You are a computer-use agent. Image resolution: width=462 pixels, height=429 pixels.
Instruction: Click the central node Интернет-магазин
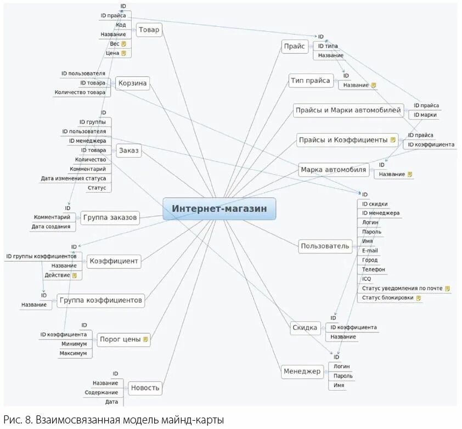tap(219, 208)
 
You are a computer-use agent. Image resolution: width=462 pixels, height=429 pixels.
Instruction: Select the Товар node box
tap(149, 30)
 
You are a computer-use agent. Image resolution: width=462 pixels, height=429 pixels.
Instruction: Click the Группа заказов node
tap(110, 218)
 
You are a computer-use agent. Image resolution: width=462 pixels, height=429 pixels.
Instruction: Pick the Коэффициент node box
tap(114, 261)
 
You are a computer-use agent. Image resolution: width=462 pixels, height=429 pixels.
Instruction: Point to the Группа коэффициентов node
tap(101, 300)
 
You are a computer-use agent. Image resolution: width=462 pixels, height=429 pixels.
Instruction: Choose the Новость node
tap(145, 388)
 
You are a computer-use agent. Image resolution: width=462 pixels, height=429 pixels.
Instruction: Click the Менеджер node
tap(302, 371)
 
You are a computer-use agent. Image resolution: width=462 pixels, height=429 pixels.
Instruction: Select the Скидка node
tap(305, 328)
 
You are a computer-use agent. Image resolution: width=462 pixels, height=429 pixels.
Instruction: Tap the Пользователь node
tap(325, 246)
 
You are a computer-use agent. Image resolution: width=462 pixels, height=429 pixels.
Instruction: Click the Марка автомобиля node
tap(333, 170)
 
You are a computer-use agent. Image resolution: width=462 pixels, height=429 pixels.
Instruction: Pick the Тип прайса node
tap(311, 81)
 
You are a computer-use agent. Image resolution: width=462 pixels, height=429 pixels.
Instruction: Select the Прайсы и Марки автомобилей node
tap(348, 110)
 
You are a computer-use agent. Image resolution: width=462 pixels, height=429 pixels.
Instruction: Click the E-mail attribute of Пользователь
tap(370, 251)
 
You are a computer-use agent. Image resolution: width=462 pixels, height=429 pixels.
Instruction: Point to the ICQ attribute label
tap(367, 279)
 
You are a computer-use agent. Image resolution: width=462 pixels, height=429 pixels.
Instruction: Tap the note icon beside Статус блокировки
tap(419, 298)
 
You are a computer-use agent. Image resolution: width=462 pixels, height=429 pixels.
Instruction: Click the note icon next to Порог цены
tap(145, 339)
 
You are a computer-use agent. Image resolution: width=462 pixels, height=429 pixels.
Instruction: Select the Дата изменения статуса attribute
tap(74, 178)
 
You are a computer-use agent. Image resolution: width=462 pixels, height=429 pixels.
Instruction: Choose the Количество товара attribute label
tap(80, 93)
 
